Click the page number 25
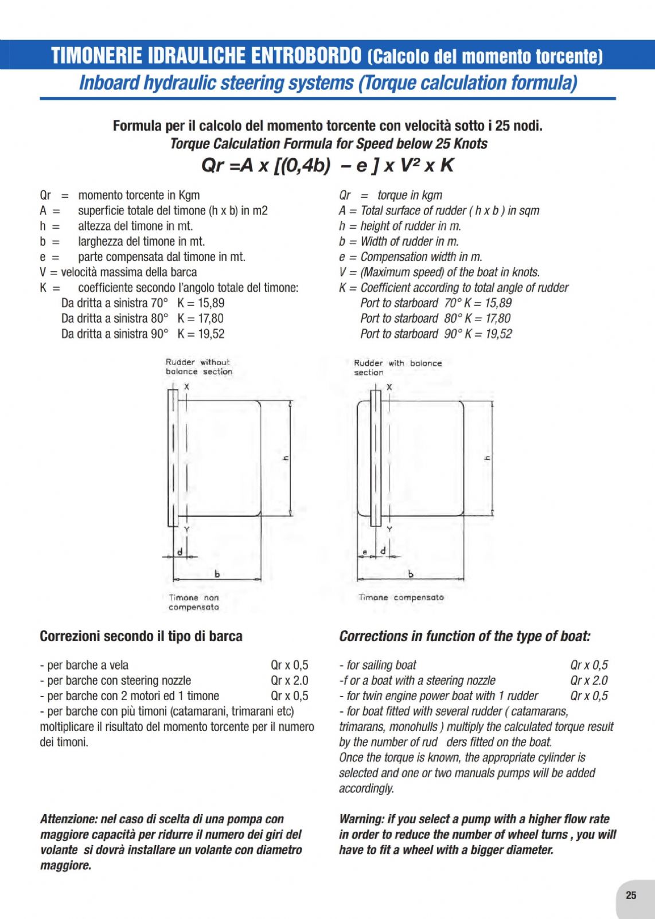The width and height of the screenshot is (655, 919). point(631,895)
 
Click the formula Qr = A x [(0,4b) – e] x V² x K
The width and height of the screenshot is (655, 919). point(327,166)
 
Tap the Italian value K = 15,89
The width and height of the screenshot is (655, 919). point(201,303)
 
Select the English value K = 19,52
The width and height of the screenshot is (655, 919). point(488,334)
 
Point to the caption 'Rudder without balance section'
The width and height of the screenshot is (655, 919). point(198,367)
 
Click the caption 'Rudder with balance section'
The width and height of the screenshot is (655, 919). point(397,367)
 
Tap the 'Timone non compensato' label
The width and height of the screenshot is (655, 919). point(194,602)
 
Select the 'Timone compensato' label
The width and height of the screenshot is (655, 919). point(401,597)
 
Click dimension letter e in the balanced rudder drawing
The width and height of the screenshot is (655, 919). point(365,552)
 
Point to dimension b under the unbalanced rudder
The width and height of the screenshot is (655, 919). point(217,573)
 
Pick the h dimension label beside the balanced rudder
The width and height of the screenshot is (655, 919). point(487,457)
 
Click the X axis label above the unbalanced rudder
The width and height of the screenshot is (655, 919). point(186,387)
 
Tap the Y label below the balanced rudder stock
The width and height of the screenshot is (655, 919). point(389,529)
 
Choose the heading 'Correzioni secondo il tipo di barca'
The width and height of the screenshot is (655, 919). point(141,636)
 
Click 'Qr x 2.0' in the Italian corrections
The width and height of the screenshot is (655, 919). point(289,681)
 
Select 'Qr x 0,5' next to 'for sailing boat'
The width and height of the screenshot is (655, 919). point(588,665)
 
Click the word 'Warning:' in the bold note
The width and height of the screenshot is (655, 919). point(361,819)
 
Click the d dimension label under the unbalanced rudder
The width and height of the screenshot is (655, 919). point(180,552)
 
